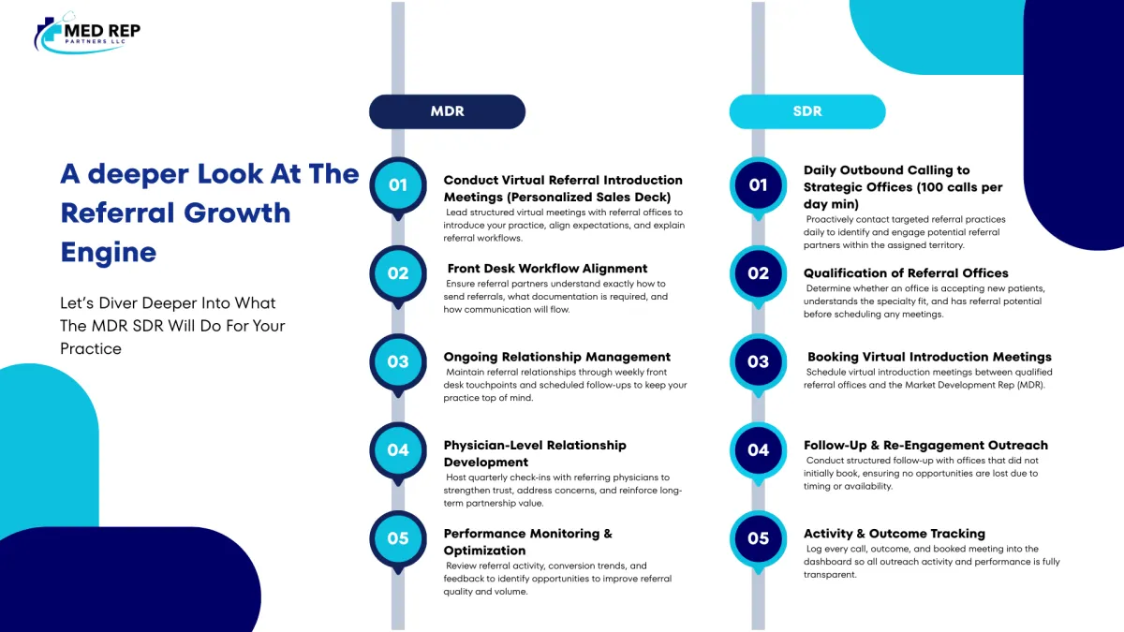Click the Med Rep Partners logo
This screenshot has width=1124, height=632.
87,33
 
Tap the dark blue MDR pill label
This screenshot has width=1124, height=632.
447,111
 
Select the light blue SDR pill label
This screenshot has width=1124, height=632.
807,111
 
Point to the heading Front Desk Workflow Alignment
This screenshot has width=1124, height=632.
547,269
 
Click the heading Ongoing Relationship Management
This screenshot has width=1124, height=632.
557,357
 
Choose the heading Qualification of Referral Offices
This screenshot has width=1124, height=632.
906,272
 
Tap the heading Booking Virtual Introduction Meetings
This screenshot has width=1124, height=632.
929,357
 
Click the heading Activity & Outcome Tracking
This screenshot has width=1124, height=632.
895,533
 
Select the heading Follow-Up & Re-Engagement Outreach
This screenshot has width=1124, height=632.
925,445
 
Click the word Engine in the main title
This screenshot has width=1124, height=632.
109,252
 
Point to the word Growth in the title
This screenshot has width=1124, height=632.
237,213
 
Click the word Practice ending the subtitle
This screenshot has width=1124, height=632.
91,348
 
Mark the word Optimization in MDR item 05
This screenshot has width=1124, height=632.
485,551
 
